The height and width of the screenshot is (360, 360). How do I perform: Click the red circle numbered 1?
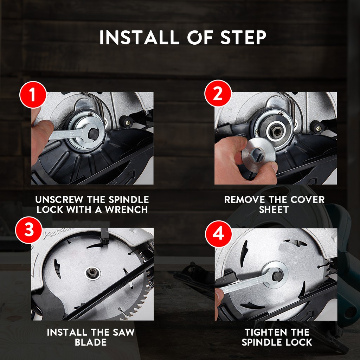(x=33, y=95)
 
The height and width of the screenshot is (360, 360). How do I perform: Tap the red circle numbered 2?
(x=218, y=94)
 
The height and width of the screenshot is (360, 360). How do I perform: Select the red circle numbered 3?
(x=29, y=230)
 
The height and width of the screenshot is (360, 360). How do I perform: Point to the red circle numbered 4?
(x=218, y=234)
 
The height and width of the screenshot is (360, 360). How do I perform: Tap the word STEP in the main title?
(x=243, y=37)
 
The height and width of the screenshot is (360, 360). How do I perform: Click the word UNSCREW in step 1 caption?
(x=59, y=200)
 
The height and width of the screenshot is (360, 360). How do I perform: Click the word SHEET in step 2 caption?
(x=274, y=210)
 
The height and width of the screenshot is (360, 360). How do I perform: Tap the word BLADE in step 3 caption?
(x=91, y=342)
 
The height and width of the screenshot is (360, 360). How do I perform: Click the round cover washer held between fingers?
(x=259, y=155)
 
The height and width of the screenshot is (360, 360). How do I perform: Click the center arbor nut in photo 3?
(x=92, y=273)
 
